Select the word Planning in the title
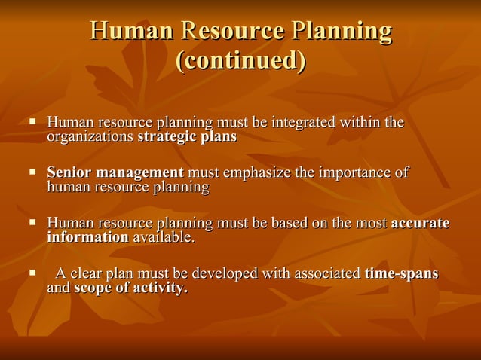click(x=342, y=32)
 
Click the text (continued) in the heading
click(x=240, y=60)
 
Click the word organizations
click(x=90, y=137)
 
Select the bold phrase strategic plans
click(x=187, y=137)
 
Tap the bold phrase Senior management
click(x=115, y=173)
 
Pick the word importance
click(x=354, y=173)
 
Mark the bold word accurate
click(x=420, y=223)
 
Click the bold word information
click(x=87, y=238)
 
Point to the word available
click(x=163, y=238)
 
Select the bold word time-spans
click(x=401, y=273)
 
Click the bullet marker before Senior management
click(x=32, y=172)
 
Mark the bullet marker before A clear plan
click(x=32, y=272)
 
